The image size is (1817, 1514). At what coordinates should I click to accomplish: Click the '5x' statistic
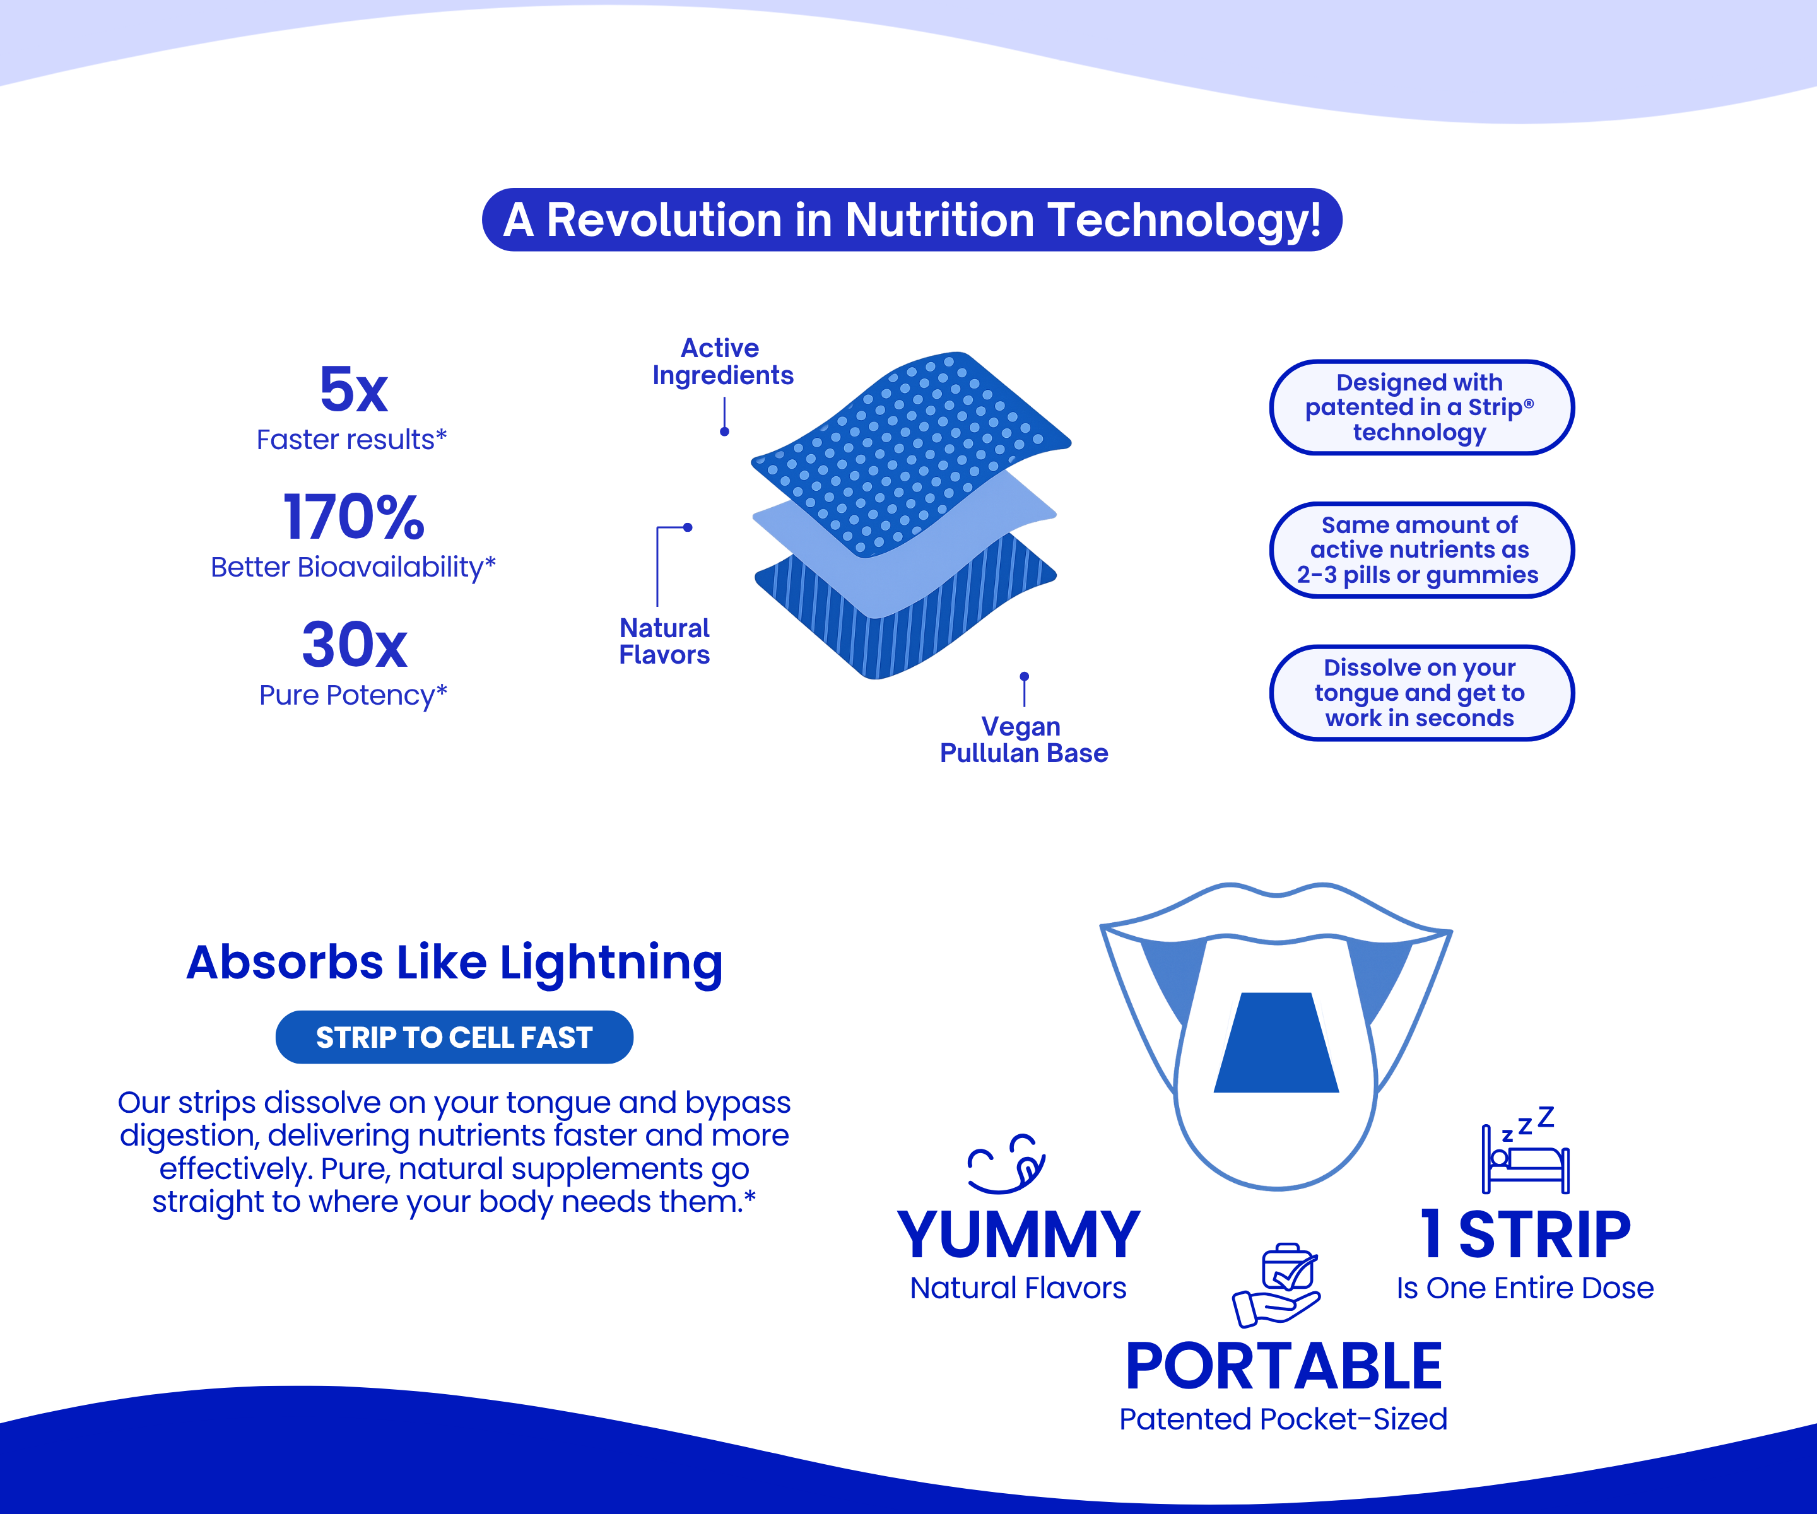point(353,389)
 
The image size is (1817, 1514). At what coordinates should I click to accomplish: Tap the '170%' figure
point(353,517)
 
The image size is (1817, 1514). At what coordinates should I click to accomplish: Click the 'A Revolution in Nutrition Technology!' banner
point(911,220)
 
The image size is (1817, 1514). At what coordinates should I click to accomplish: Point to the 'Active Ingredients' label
point(722,361)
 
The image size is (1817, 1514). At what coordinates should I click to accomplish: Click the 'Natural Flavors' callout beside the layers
point(664,641)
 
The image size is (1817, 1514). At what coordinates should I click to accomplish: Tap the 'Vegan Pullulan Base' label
point(1023,740)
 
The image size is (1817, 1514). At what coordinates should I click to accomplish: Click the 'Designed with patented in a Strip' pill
point(1420,408)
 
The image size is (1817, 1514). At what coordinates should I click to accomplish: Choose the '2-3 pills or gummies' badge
point(1420,550)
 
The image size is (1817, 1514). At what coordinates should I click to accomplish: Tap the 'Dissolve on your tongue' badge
point(1420,693)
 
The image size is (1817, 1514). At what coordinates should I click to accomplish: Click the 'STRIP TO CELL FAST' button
point(454,1037)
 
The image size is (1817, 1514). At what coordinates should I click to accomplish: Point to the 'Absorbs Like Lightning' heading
point(454,962)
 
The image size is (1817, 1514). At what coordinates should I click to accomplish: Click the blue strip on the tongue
point(1276,1044)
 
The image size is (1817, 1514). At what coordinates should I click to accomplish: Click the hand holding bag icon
point(1277,1285)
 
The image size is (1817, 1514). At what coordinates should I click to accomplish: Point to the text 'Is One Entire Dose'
point(1524,1288)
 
